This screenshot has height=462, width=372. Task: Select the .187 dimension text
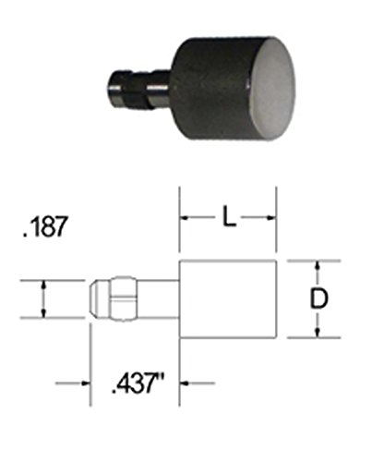pyautogui.click(x=42, y=227)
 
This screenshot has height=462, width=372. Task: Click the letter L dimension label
pyautogui.click(x=229, y=218)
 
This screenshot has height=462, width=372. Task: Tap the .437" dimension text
pyautogui.click(x=136, y=380)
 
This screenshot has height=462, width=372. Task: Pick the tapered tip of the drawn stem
pyautogui.click(x=96, y=299)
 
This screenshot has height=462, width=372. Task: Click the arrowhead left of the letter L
pyautogui.click(x=186, y=219)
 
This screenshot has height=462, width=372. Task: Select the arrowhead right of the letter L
pyautogui.click(x=271, y=219)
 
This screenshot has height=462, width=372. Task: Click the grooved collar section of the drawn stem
pyautogui.click(x=119, y=299)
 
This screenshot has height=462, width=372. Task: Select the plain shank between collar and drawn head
pyautogui.click(x=160, y=299)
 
